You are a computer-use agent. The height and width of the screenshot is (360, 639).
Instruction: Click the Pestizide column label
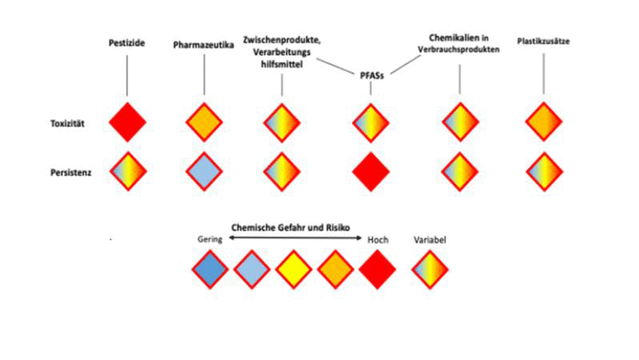[x=126, y=42]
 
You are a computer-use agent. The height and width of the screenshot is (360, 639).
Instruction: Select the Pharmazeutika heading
[x=204, y=45]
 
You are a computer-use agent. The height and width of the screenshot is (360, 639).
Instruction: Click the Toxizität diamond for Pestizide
[x=127, y=123]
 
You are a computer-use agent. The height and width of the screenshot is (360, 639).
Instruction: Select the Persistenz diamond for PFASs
[x=371, y=171]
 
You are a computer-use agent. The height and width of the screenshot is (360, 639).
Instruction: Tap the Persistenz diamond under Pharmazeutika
[x=204, y=171]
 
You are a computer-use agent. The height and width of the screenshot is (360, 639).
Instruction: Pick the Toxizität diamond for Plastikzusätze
[x=544, y=123]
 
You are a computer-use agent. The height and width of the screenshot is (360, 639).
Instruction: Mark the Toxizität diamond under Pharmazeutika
[x=204, y=123]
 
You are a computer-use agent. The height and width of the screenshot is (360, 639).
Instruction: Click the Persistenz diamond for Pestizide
[x=127, y=171]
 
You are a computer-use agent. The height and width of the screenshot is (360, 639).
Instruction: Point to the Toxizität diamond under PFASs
[x=371, y=123]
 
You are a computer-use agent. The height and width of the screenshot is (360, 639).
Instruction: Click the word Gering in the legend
[x=208, y=239]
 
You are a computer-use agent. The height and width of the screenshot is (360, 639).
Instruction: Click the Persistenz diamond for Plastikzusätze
[x=544, y=171]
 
